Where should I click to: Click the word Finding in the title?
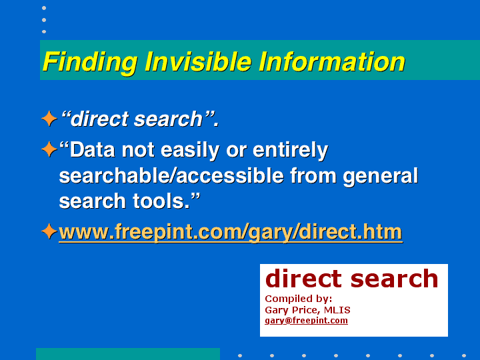[x=90, y=63]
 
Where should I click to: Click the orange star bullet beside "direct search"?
[x=49, y=119]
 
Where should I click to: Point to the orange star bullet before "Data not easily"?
[x=49, y=149]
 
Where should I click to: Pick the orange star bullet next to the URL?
[x=49, y=231]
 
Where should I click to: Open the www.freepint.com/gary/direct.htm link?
[x=231, y=233]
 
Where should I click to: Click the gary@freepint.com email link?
[x=306, y=321]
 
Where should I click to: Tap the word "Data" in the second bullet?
[x=93, y=150]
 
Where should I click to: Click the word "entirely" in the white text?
[x=290, y=151]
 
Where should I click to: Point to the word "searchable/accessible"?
[x=171, y=176]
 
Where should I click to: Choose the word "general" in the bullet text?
[x=381, y=177]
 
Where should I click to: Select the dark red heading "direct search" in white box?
[x=351, y=279]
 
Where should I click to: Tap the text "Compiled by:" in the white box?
[x=299, y=299]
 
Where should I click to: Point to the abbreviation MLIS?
[x=337, y=310]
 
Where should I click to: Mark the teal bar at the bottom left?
[x=128, y=354]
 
